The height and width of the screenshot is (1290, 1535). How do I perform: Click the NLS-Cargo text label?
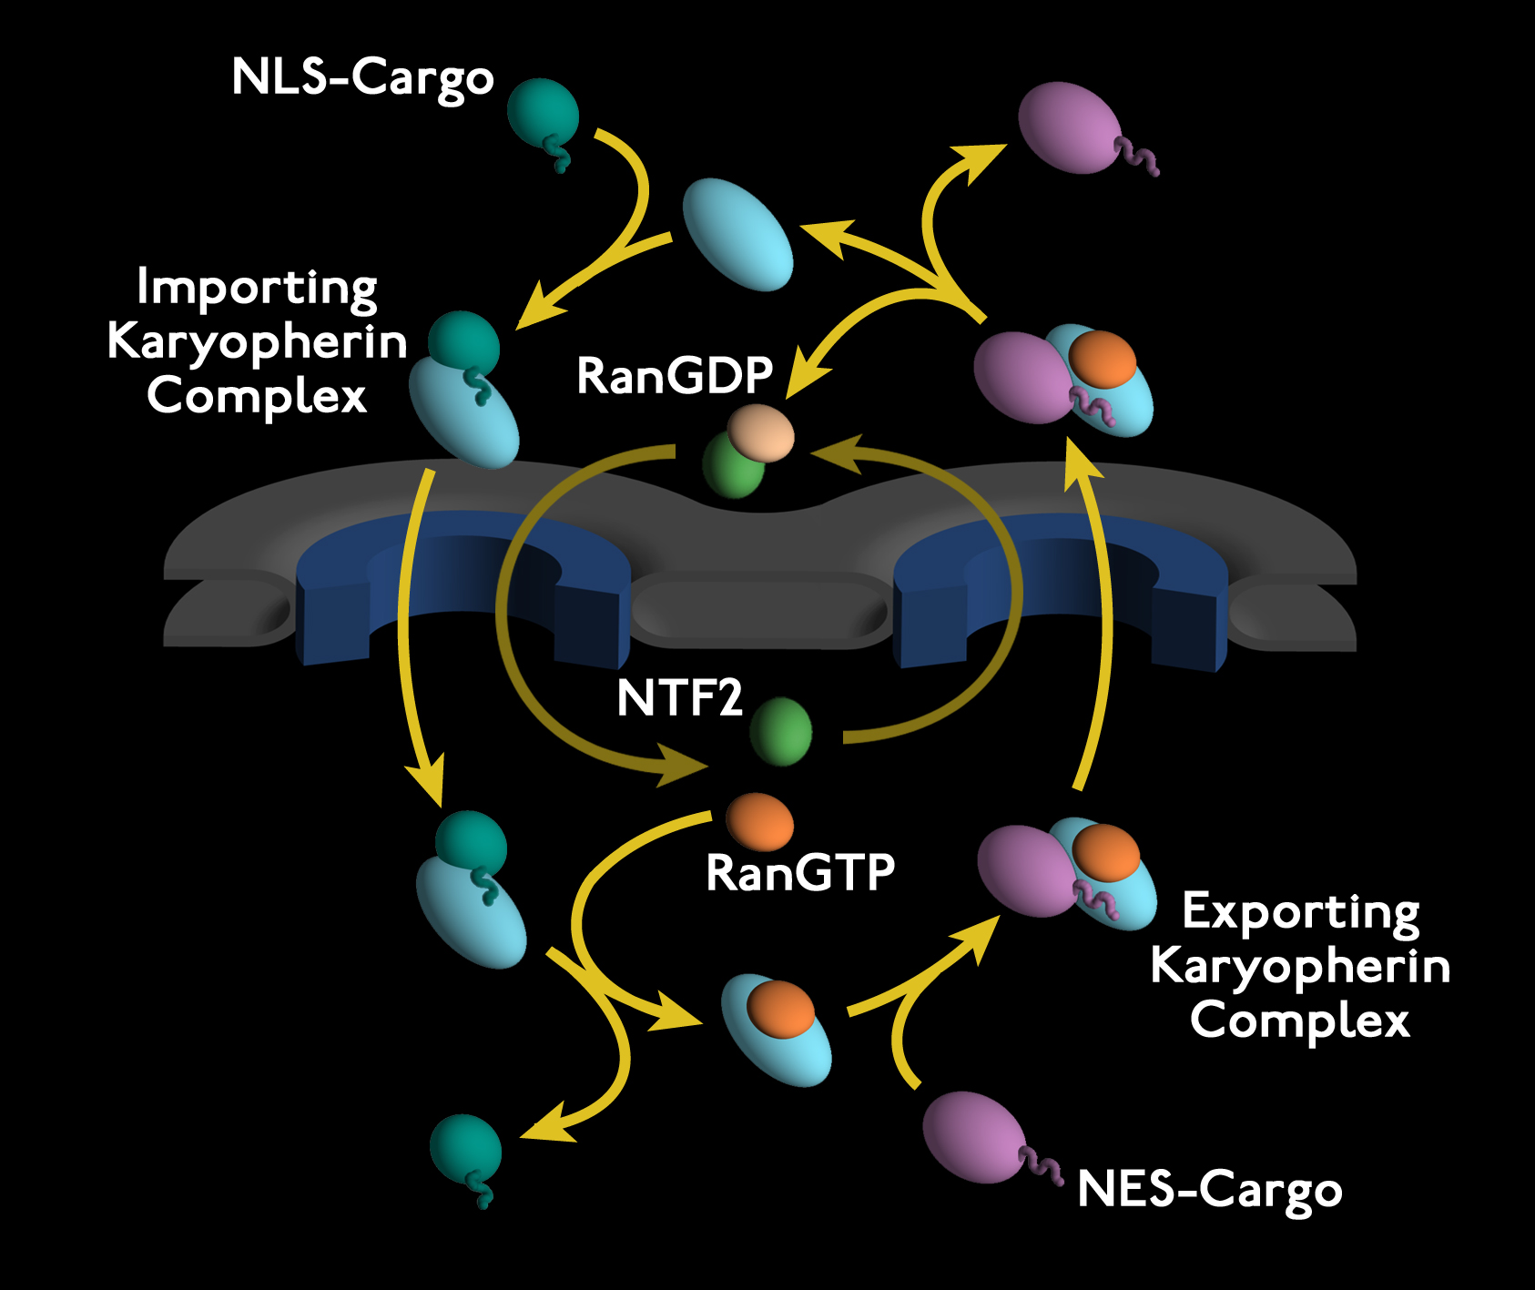pyautogui.click(x=362, y=78)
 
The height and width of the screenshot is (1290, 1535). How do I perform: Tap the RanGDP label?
pyautogui.click(x=675, y=375)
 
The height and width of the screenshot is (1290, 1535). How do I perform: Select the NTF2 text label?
pyautogui.click(x=679, y=698)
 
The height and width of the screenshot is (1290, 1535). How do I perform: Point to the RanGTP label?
pyautogui.click(x=800, y=872)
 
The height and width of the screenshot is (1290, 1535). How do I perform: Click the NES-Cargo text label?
pyautogui.click(x=1209, y=1189)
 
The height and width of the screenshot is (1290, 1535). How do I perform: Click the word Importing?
pyautogui.click(x=257, y=288)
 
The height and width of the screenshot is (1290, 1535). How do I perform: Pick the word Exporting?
pyautogui.click(x=1300, y=911)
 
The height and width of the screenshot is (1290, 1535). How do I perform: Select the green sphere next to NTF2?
pyautogui.click(x=781, y=730)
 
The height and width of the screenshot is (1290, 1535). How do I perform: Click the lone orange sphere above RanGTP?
pyautogui.click(x=759, y=821)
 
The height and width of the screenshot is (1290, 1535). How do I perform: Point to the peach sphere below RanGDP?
pyautogui.click(x=761, y=433)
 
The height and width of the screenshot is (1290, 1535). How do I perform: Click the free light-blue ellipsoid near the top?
pyautogui.click(x=737, y=234)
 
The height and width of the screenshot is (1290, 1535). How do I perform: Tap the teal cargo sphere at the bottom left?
pyautogui.click(x=465, y=1150)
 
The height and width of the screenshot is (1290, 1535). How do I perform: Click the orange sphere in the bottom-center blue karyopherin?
pyautogui.click(x=780, y=1009)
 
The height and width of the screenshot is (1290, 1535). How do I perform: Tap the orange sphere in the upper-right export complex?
pyautogui.click(x=1102, y=359)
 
